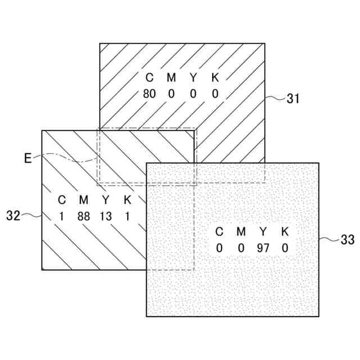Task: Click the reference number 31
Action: tap(292, 99)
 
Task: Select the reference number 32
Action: tap(13, 215)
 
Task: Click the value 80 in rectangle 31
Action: tap(149, 94)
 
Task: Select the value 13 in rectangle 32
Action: tap(106, 216)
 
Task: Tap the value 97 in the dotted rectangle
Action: tap(263, 247)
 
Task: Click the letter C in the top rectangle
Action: tap(149, 78)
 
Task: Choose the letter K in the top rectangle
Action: tap(215, 78)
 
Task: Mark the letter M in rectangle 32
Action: tap(84, 200)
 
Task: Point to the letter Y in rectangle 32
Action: tap(106, 200)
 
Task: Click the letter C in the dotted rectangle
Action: tap(219, 231)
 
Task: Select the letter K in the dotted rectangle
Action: tap(285, 231)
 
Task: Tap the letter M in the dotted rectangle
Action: tap(241, 231)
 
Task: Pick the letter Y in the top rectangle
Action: tap(193, 78)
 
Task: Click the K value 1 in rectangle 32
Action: tap(128, 216)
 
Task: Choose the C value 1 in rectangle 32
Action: tap(62, 216)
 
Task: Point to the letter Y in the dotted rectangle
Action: tap(263, 231)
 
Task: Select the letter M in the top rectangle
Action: tap(171, 78)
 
